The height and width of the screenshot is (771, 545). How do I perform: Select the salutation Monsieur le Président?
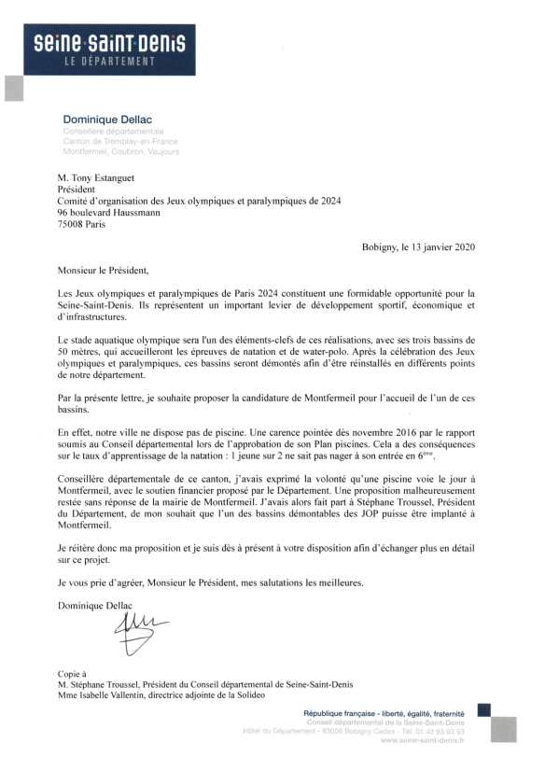click(103, 271)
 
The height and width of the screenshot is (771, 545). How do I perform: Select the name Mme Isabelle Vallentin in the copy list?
click(105, 695)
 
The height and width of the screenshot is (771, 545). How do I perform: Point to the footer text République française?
click(347, 713)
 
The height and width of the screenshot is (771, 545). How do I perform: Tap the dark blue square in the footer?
click(483, 710)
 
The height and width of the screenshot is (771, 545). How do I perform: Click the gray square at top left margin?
click(13, 88)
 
